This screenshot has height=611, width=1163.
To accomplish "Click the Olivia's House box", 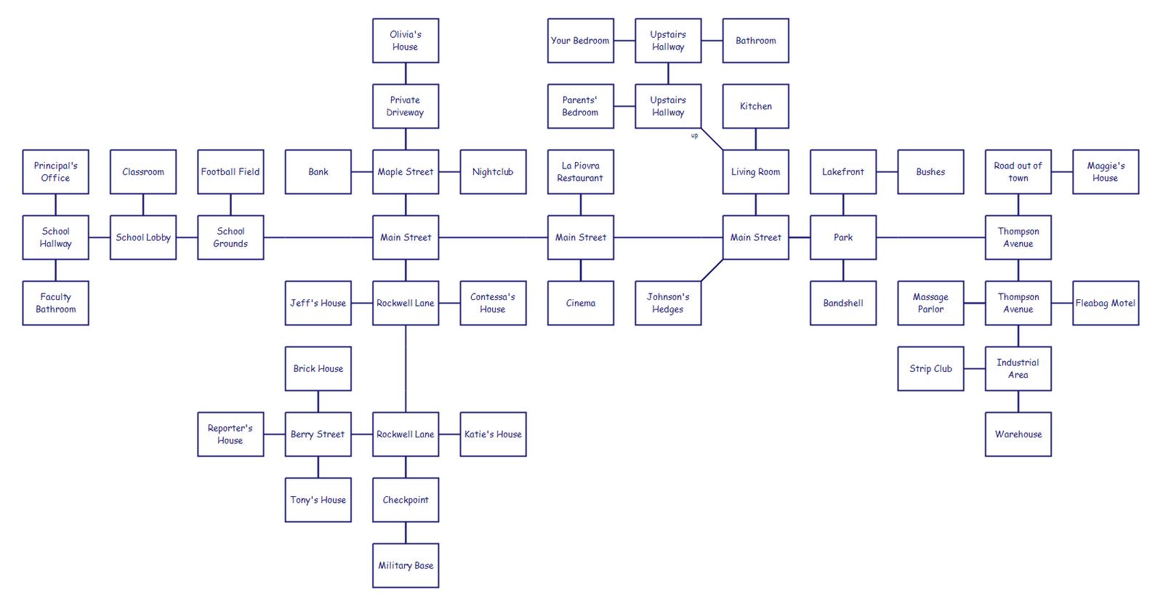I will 406,41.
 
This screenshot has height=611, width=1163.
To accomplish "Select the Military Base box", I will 406,565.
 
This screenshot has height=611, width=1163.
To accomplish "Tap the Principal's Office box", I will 55,171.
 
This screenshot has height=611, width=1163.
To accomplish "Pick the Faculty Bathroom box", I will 55,303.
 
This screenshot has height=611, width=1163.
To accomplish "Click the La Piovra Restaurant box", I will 580,171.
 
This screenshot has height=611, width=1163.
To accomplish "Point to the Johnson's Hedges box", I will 667,303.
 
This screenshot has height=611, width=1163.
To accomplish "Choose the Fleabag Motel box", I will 1105,303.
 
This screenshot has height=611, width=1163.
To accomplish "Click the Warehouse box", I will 1018,434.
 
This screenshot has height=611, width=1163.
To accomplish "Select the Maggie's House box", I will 1105,171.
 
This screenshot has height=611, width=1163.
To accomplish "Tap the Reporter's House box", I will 230,434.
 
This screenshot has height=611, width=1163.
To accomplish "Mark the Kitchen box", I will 755,106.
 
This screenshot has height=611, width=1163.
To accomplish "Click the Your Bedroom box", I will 580,41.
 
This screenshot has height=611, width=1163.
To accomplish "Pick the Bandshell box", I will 843,303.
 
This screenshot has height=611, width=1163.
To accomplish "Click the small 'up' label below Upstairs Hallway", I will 694,136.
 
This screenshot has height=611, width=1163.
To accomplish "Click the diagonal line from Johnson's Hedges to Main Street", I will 712,270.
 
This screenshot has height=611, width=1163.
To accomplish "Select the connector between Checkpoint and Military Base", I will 406,533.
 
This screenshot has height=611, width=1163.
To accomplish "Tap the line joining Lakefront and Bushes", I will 887,172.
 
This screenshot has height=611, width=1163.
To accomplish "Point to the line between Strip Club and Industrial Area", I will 974,369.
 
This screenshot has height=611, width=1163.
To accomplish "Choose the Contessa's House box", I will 493,303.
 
